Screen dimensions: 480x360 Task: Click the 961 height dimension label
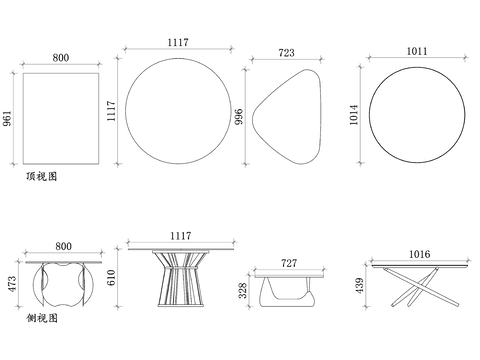pos(7,118)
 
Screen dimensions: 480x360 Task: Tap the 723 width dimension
pos(286,53)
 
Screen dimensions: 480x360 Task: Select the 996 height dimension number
pos(239,117)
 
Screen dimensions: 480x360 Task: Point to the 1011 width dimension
pos(417,51)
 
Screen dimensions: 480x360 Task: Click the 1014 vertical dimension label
pos(354,115)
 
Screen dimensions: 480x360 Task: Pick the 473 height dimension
pos(12,284)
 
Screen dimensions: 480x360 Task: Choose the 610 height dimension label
pos(111,277)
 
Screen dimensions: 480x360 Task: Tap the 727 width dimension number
pos(289,263)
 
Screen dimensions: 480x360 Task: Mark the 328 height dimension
pos(243,290)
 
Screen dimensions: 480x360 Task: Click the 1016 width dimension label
pos(419,254)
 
